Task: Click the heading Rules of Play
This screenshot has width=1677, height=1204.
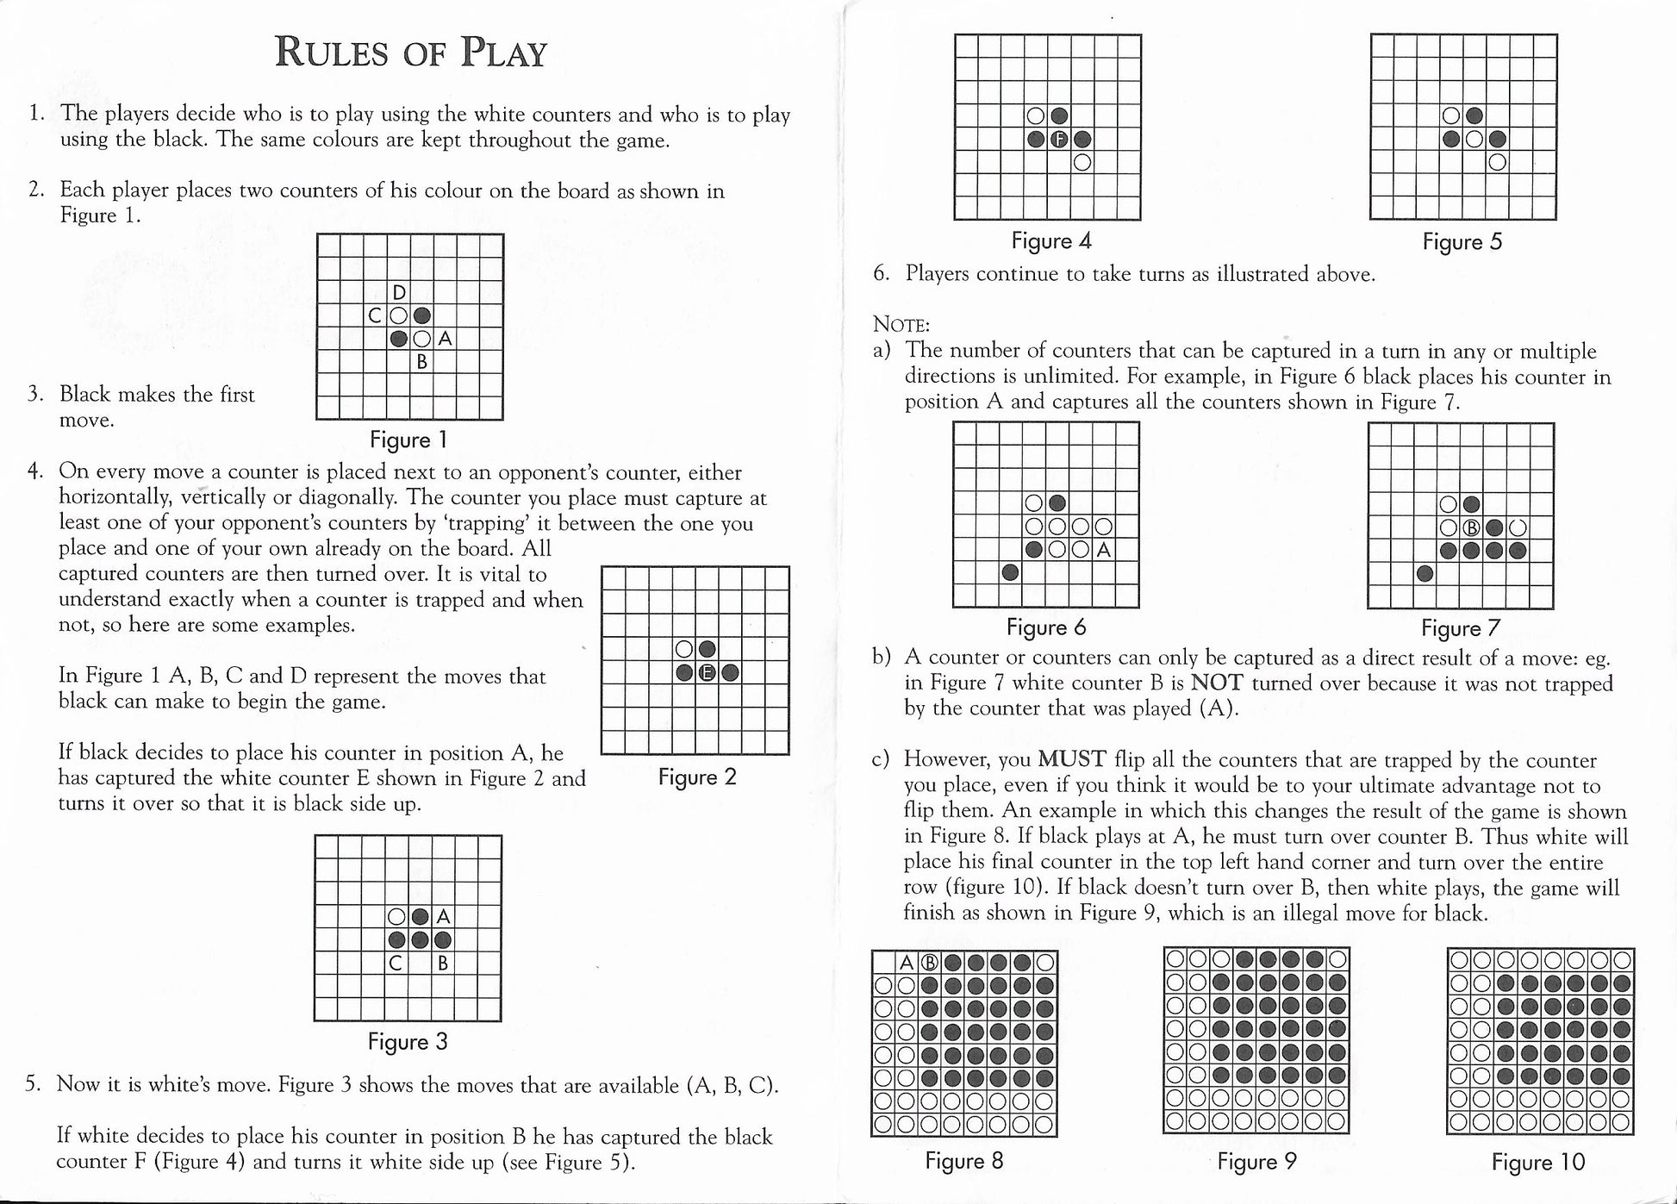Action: click(x=410, y=53)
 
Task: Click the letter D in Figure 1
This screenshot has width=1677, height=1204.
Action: click(x=399, y=293)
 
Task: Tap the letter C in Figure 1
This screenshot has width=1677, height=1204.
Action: click(x=375, y=316)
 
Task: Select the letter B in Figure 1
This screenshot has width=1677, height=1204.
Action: click(x=422, y=362)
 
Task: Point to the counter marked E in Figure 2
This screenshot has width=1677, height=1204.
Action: click(x=707, y=673)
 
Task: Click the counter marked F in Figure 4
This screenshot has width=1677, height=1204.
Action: click(x=1059, y=139)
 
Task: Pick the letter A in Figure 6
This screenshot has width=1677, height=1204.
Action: click(x=1103, y=550)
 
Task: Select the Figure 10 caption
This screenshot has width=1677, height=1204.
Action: click(x=1537, y=1162)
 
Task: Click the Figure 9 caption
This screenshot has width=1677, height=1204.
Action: click(x=1256, y=1162)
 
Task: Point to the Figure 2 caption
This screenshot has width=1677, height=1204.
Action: click(x=697, y=777)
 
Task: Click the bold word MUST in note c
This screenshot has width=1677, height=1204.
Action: click(x=1072, y=759)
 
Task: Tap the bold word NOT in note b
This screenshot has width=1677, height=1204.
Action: click(x=1217, y=683)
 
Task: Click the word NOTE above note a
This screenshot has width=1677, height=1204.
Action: click(x=901, y=325)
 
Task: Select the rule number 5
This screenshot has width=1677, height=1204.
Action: click(x=33, y=1083)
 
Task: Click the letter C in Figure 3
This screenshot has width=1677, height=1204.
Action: click(x=396, y=963)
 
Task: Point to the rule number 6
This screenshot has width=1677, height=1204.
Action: click(x=880, y=274)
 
